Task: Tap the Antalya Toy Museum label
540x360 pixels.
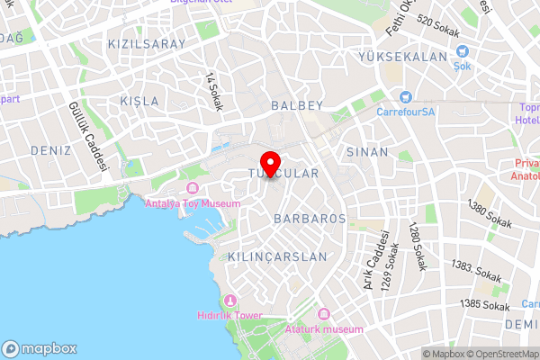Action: tap(193, 203)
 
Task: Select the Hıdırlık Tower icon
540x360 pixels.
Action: tap(230, 300)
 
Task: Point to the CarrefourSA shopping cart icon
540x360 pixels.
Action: tap(405, 96)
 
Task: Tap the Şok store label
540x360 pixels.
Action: tap(463, 66)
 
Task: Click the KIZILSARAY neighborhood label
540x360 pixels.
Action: tap(146, 43)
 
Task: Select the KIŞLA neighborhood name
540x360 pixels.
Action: tap(139, 101)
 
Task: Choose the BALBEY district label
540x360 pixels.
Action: tap(296, 105)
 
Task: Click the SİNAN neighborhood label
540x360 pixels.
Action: tap(367, 152)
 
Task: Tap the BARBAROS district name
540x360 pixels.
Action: tap(310, 219)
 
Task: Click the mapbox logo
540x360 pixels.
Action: tap(40, 348)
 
